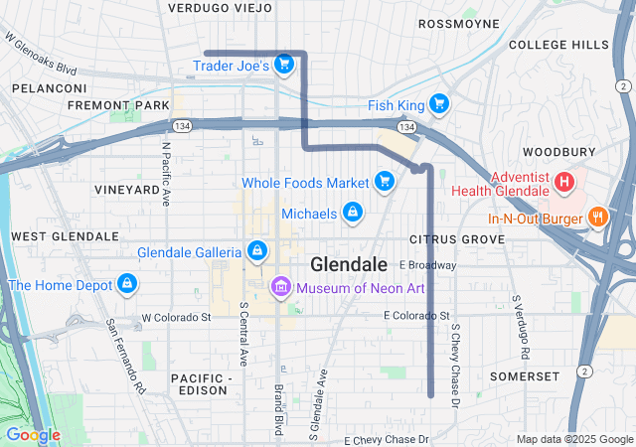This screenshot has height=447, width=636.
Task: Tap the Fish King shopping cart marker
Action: pyautogui.click(x=438, y=104)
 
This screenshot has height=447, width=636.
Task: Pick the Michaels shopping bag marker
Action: pyautogui.click(x=351, y=214)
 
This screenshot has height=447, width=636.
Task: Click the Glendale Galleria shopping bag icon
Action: pyautogui.click(x=256, y=251)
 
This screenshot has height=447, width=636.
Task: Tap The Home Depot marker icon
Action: pyautogui.click(x=126, y=285)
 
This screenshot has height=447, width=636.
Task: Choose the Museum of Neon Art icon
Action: pyautogui.click(x=280, y=288)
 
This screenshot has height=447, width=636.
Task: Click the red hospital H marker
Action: pyautogui.click(x=563, y=182)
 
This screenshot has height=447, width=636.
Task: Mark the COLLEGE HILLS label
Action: pyautogui.click(x=558, y=45)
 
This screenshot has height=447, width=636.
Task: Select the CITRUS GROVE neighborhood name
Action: pyautogui.click(x=457, y=239)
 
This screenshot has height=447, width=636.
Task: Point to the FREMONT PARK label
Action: pyautogui.click(x=104, y=104)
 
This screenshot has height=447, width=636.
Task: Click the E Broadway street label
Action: pyautogui.click(x=427, y=265)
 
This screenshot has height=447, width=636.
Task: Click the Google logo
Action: pyautogui.click(x=33, y=434)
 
